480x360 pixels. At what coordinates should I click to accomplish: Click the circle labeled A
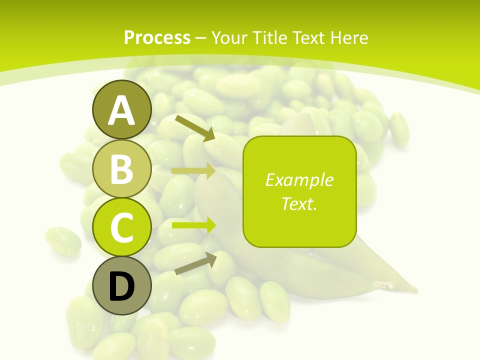[x=121, y=110]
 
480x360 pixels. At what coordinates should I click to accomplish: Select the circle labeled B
[x=121, y=168]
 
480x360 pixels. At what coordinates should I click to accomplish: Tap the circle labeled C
[x=121, y=227]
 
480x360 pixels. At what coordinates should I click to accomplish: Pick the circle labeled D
[x=121, y=285]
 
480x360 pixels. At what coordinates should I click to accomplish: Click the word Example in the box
[x=299, y=180]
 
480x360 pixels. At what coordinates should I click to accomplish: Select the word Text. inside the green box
[x=299, y=204]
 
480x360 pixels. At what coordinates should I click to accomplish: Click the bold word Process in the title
[x=157, y=37]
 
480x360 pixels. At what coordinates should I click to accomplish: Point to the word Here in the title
[x=350, y=37]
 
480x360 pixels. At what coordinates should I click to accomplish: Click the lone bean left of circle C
[x=63, y=241]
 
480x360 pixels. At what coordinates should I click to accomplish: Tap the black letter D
[x=121, y=286]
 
